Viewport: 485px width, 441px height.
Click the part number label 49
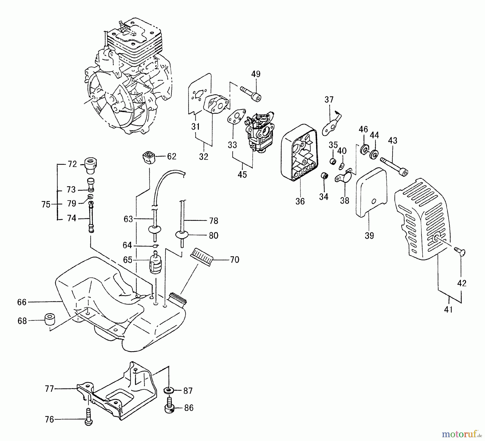[256, 74]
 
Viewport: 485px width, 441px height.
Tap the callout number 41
[448, 310]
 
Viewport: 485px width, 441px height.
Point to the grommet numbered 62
[148, 157]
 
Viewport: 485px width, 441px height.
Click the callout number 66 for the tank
[22, 302]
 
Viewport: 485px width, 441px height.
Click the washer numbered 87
[169, 390]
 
